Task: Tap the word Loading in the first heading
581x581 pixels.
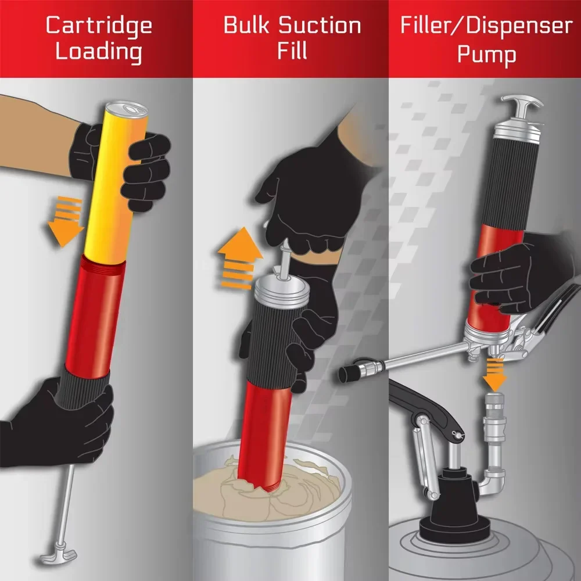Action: click(99, 52)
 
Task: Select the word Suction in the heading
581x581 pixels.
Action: click(320, 25)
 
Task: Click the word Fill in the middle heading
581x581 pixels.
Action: click(292, 51)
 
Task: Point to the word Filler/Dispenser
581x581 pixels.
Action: click(486, 26)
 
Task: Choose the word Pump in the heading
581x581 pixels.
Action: click(486, 55)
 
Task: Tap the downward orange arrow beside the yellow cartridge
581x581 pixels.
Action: click(66, 221)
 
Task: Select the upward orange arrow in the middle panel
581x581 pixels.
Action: click(240, 257)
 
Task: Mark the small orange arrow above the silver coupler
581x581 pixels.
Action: click(494, 375)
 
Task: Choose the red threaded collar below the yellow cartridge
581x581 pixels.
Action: click(103, 266)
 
